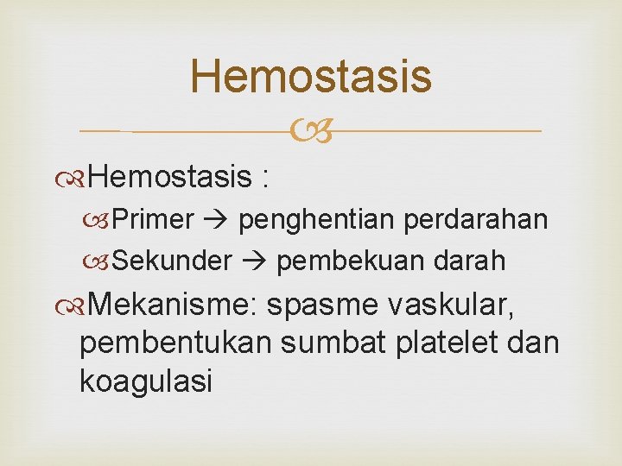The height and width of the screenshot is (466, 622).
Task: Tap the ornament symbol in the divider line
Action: [310, 132]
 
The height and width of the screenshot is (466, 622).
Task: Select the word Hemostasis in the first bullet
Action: [168, 178]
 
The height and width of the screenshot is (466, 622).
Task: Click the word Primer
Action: [153, 220]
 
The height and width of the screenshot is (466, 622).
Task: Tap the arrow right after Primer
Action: [216, 221]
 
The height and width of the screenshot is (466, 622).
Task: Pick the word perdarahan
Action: [477, 220]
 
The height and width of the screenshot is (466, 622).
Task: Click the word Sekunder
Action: [172, 260]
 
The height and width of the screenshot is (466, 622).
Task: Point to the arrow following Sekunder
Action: [254, 261]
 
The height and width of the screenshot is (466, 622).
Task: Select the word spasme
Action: [324, 305]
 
